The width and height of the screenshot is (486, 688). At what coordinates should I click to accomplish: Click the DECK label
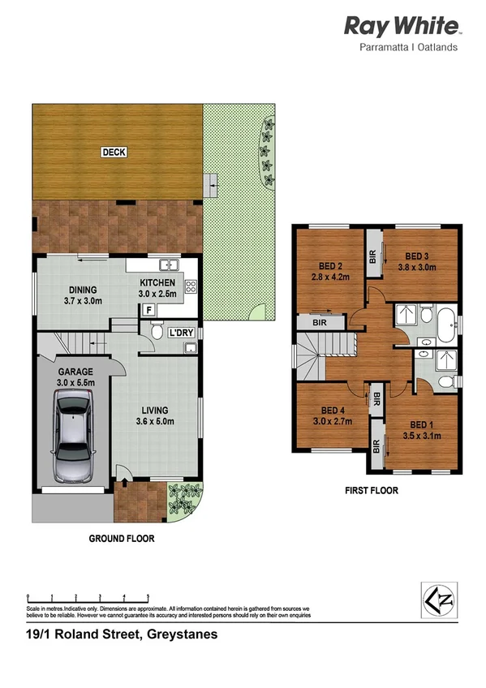click(114, 152)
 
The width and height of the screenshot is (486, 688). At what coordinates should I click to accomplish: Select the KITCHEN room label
click(157, 282)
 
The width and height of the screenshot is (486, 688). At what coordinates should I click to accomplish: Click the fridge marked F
click(148, 309)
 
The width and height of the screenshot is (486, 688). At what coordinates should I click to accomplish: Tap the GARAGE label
click(75, 372)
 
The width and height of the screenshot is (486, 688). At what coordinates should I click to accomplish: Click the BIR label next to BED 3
click(372, 256)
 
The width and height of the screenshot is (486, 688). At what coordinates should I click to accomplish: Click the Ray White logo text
click(402, 26)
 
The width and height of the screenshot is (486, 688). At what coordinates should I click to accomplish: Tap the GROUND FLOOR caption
click(121, 538)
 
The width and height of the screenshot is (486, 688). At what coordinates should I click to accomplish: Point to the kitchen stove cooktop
click(191, 286)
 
